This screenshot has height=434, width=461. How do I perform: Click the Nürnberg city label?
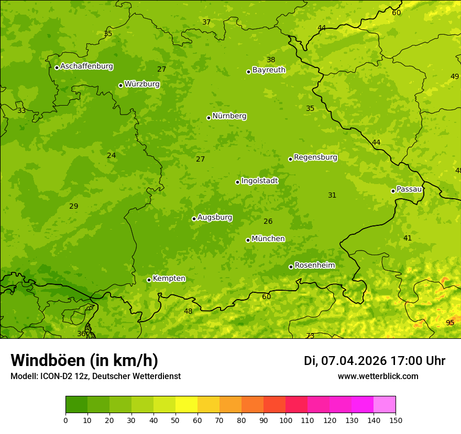pos(229,116)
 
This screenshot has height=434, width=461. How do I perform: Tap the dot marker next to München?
pos(248,240)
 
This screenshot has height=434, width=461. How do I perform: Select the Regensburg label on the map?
pos(315,157)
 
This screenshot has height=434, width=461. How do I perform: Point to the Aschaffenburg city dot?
pos(57,67)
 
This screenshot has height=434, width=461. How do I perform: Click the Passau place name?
pos(409,189)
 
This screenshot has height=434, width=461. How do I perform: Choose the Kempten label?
pos(169,279)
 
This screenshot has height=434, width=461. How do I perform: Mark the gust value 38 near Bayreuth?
pos(271,60)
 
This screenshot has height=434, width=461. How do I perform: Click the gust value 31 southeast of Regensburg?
pos(332,195)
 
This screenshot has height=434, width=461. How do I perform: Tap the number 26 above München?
pos(268,221)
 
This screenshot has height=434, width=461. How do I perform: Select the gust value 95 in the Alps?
pos(450,323)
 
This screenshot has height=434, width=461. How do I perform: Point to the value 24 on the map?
pos(112,155)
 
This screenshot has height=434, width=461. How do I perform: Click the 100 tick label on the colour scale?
pos(286,420)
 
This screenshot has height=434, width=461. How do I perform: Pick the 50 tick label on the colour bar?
pos(175,420)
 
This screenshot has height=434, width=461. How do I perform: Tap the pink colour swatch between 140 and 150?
pos(385,405)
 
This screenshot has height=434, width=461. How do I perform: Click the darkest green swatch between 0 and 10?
pos(76,405)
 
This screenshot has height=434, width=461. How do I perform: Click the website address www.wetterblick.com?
pos(378,376)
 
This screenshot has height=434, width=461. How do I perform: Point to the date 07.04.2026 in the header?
pos(354,361)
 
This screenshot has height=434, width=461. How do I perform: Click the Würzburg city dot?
pos(120,85)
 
